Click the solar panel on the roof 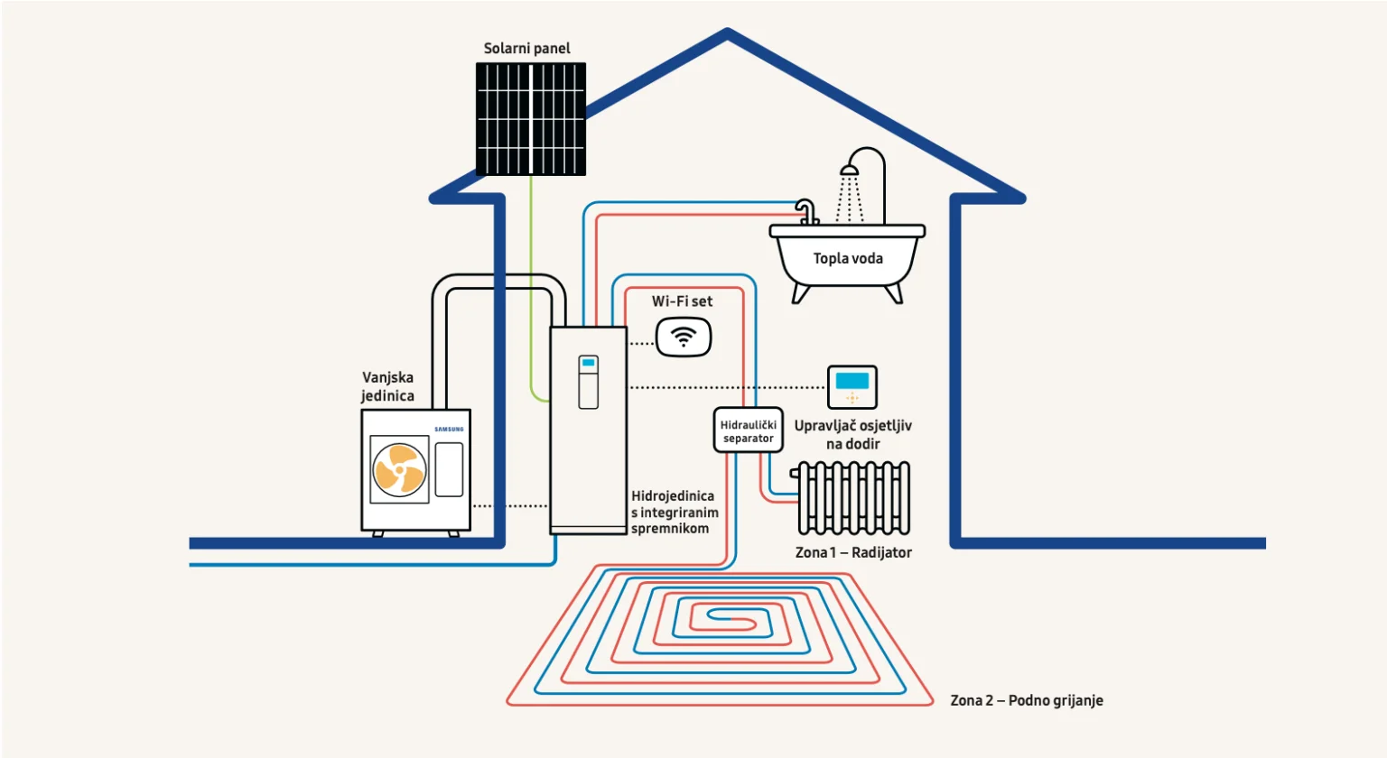tap(531, 118)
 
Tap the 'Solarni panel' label tap(526, 48)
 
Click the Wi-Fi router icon tap(684, 338)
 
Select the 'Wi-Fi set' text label tap(682, 301)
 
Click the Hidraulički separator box tap(748, 430)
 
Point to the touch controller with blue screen tap(852, 387)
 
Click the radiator tap(853, 498)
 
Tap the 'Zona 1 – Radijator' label tap(853, 552)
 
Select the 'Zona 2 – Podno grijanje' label tap(1027, 700)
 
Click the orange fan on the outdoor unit tap(399, 469)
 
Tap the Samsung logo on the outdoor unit tap(449, 429)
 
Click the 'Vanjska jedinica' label tap(387, 386)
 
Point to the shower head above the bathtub tap(850, 170)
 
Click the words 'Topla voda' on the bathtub tap(848, 259)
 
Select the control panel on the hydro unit tap(589, 382)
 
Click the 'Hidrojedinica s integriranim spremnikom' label tap(674, 512)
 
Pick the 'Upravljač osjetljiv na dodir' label tap(852, 434)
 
